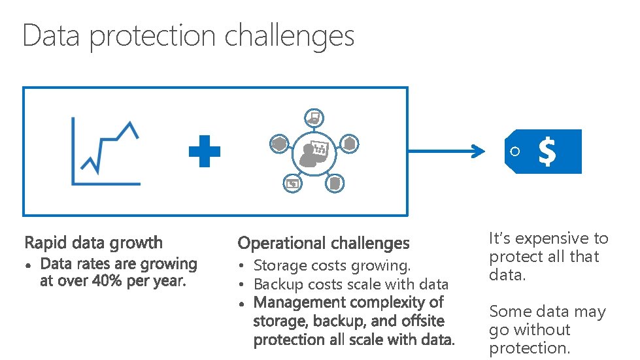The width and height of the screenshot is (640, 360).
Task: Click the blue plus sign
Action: (x=205, y=152)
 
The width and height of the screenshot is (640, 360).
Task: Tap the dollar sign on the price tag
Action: (x=547, y=152)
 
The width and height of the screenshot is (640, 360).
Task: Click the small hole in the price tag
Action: (x=515, y=152)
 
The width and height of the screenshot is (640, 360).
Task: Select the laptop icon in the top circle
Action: (x=314, y=118)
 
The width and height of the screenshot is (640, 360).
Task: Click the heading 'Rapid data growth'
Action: (x=93, y=243)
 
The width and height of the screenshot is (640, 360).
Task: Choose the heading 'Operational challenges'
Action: (x=324, y=244)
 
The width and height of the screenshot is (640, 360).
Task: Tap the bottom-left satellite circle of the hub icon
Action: (x=292, y=184)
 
